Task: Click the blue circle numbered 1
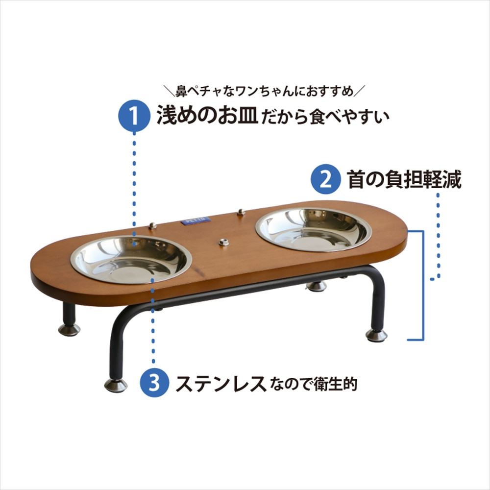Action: click(x=134, y=115)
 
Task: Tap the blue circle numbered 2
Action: click(x=326, y=179)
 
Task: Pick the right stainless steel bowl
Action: click(x=314, y=229)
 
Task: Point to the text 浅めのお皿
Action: click(x=207, y=114)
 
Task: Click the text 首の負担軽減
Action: click(x=404, y=180)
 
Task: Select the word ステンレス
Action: click(x=221, y=383)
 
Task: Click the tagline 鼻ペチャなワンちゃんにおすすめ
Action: click(x=265, y=91)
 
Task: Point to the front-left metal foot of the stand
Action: click(x=116, y=385)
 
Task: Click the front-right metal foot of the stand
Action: click(x=376, y=335)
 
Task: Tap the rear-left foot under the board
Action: click(x=70, y=329)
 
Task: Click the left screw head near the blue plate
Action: click(x=152, y=225)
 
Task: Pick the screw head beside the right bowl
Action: click(x=241, y=212)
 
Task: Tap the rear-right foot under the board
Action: click(x=316, y=286)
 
